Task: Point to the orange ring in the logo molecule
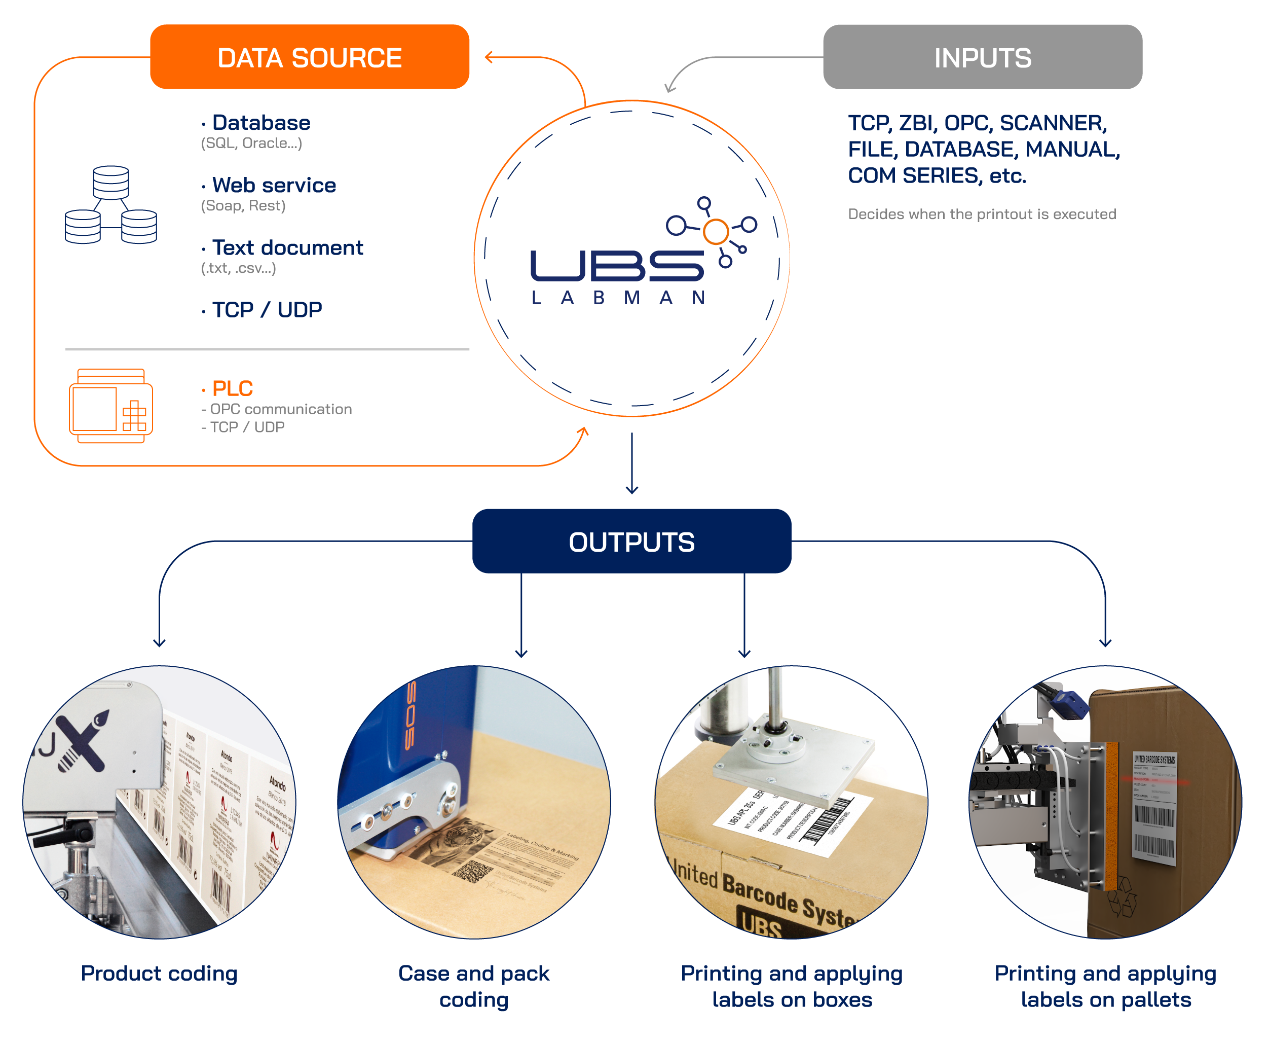[716, 231]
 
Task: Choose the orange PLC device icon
[111, 406]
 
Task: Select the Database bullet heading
[261, 123]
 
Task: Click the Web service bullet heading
[274, 186]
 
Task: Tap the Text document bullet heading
[287, 248]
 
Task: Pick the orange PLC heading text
[232, 388]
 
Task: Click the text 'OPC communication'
[280, 409]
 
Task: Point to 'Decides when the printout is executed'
[982, 214]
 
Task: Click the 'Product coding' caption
[159, 973]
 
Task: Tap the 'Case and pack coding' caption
[473, 986]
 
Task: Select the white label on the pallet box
[1153, 808]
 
